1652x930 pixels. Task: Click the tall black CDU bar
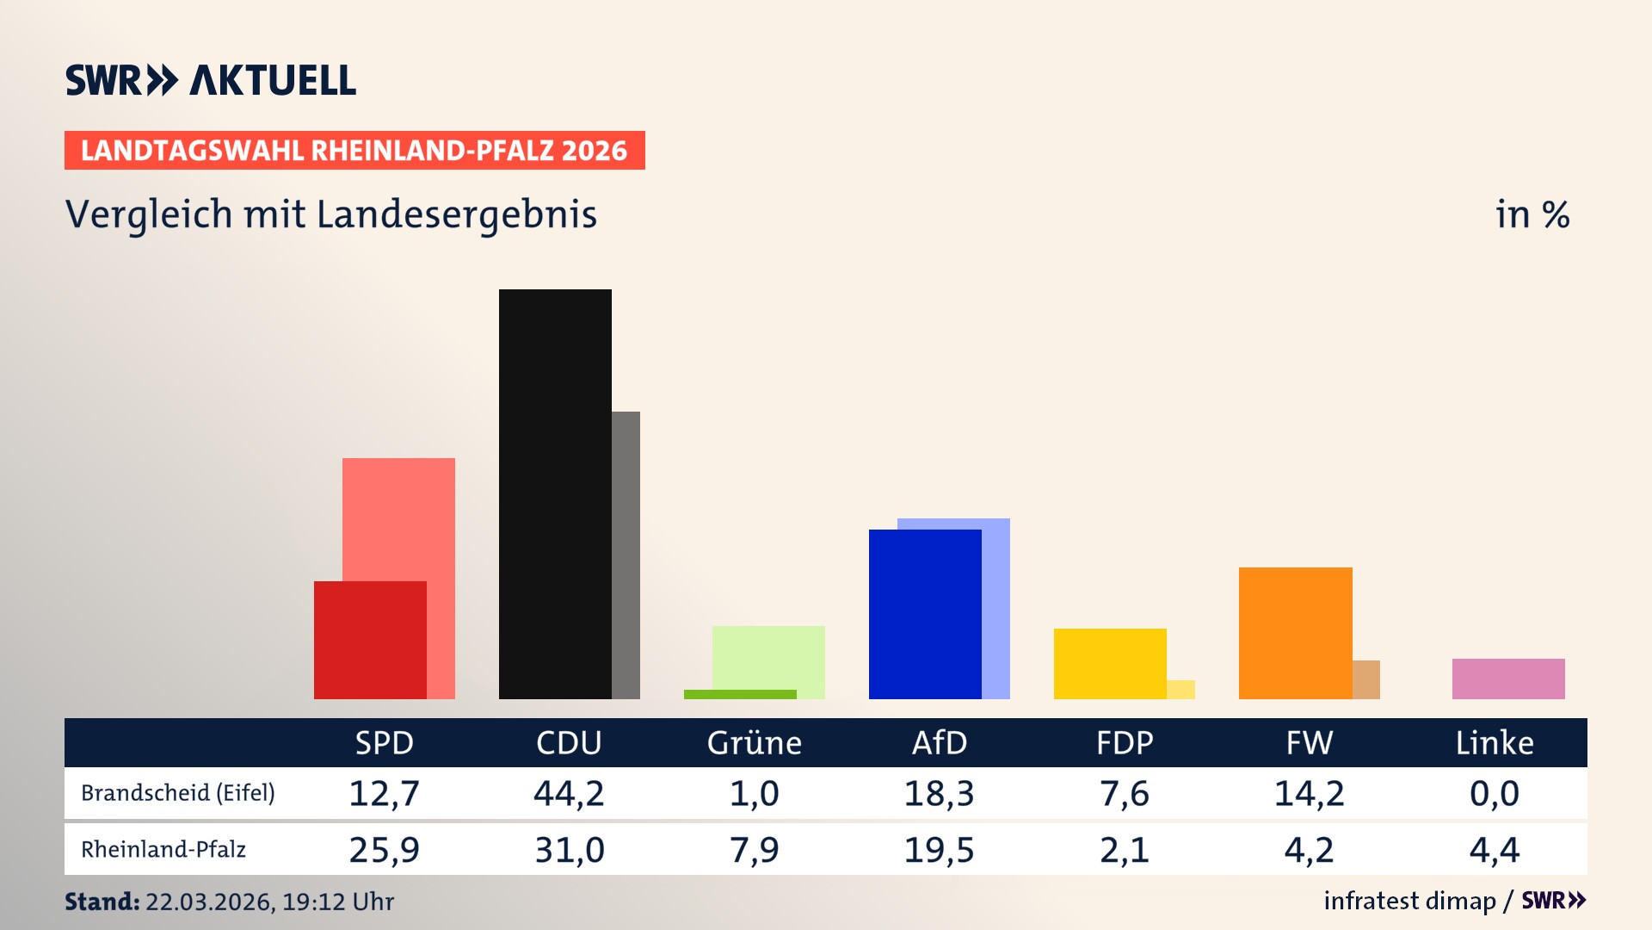(555, 493)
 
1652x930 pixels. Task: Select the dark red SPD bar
(370, 640)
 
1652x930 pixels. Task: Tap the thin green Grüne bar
(740, 694)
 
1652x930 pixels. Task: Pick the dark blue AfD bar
(925, 614)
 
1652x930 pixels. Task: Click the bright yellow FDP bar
(1110, 663)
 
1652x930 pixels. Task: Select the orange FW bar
(1295, 633)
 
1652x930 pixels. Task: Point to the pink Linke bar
(1508, 679)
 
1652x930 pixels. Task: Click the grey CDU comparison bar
(626, 555)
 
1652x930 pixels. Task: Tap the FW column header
(1309, 742)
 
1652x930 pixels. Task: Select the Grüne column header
(754, 742)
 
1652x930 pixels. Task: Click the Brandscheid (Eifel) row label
(178, 792)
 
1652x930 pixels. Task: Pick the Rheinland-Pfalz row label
(163, 849)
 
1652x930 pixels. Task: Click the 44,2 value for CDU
(569, 793)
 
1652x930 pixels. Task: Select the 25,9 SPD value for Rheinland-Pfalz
(384, 850)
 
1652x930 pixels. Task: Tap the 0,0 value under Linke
(1494, 793)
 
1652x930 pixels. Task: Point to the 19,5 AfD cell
(939, 850)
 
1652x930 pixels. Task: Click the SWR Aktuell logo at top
(211, 80)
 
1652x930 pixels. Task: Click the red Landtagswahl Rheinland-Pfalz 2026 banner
(354, 151)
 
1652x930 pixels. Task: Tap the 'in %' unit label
(1532, 214)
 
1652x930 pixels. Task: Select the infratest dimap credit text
(1409, 901)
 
